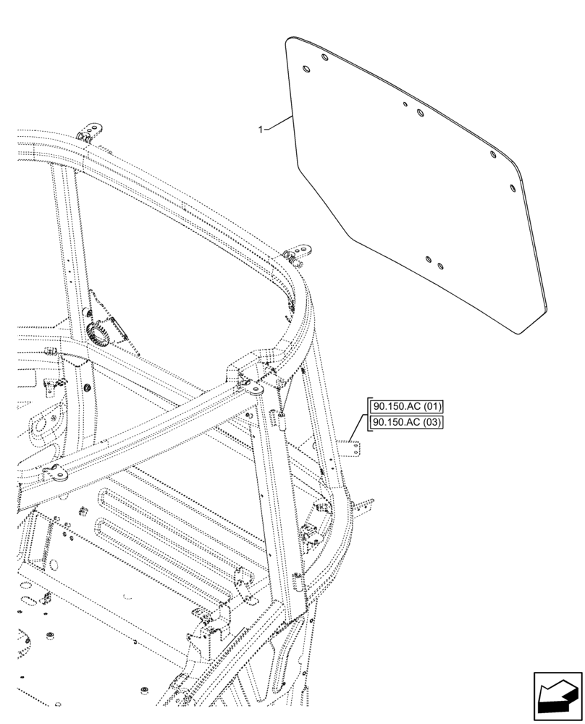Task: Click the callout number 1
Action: tap(261, 129)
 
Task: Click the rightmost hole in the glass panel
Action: tap(513, 188)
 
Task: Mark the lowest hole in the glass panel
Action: tap(439, 266)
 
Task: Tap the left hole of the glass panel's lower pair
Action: tap(429, 259)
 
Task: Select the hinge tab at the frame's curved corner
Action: tap(297, 253)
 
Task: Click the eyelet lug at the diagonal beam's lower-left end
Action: tap(56, 475)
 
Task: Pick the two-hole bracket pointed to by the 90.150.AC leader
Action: tap(355, 450)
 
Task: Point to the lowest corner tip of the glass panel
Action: tap(518, 333)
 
